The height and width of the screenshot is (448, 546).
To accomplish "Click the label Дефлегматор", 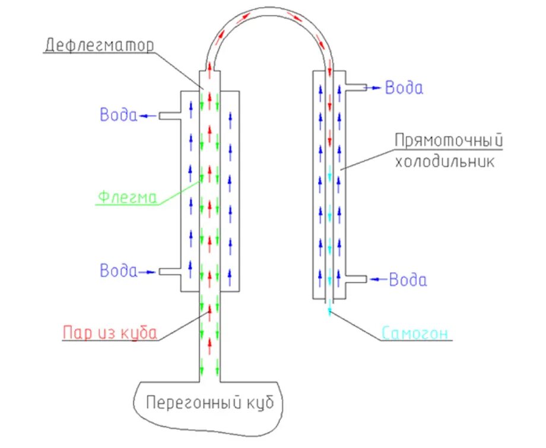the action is (x=99, y=45).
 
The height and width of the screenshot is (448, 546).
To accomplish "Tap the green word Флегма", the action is (x=127, y=197).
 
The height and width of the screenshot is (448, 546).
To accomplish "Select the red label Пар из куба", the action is (x=110, y=332).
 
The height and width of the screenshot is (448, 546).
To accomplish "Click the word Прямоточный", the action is (x=449, y=141).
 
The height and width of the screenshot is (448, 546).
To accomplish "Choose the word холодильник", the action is (x=445, y=161).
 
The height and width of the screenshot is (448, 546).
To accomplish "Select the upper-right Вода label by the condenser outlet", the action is (x=404, y=88).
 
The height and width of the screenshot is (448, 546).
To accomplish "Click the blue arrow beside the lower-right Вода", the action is (x=378, y=278).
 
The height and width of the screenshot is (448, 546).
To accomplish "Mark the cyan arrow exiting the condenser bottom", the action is (x=329, y=309).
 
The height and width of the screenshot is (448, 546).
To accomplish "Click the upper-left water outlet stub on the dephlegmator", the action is (x=169, y=116).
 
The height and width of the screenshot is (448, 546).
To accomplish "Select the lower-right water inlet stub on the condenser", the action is (x=355, y=278).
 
